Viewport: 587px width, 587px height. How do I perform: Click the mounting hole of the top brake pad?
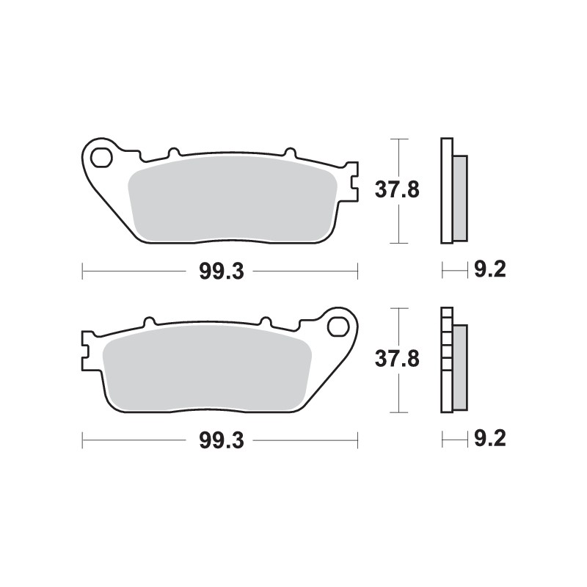(x=101, y=156)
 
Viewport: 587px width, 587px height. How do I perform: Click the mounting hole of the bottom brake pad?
(x=338, y=325)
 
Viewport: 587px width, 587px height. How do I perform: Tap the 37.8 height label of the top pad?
(x=397, y=190)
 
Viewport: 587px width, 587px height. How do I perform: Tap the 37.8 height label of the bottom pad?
(x=397, y=359)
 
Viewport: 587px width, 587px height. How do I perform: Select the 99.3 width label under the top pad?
(x=220, y=271)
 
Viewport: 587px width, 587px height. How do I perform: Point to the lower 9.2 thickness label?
(x=490, y=440)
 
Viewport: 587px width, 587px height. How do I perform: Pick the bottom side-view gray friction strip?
(x=459, y=367)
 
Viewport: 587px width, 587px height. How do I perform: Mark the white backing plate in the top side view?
(x=446, y=190)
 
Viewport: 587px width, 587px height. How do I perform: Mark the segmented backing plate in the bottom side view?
(x=445, y=359)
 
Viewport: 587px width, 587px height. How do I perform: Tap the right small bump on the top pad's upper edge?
(x=287, y=153)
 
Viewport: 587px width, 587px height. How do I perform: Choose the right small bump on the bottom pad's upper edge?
(x=266, y=322)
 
